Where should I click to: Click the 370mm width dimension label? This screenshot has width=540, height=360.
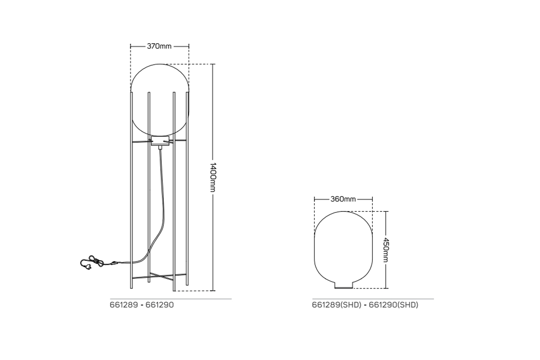click(159, 46)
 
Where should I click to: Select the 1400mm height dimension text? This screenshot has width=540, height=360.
click(213, 177)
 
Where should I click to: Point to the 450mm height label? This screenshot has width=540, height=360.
click(386, 250)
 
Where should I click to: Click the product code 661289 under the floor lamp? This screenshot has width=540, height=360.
click(123, 305)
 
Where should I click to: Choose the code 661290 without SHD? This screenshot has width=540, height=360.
click(160, 305)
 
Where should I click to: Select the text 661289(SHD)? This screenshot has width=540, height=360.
click(337, 305)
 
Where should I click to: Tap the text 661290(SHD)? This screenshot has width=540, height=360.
click(393, 305)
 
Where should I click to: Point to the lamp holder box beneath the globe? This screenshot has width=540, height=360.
click(159, 143)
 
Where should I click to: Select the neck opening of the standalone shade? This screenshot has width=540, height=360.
click(343, 285)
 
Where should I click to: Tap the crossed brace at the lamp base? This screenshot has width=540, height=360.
click(160, 276)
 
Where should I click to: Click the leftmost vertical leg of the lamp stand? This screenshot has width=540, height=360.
click(131, 189)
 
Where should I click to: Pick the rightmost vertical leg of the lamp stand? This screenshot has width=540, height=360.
click(188, 189)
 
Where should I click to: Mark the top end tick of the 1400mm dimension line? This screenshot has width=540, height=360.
click(213, 64)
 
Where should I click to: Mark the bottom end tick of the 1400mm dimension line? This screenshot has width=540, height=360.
click(213, 291)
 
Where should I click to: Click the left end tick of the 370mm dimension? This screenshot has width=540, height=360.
click(130, 46)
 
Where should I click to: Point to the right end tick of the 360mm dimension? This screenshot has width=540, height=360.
click(373, 199)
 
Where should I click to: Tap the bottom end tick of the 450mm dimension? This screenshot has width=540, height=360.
click(386, 288)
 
